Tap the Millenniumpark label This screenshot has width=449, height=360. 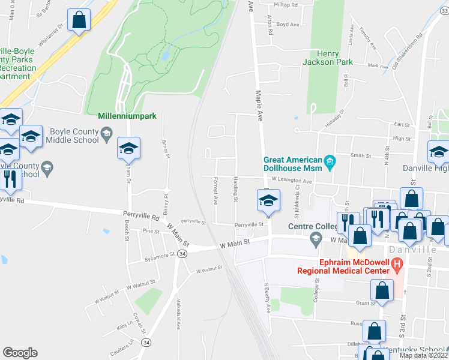pos(127,115)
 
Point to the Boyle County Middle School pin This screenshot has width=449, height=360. pos(106,133)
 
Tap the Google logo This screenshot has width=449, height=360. pos(20,353)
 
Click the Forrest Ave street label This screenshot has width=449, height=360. pos(215,193)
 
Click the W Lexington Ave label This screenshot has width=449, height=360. pos(291,180)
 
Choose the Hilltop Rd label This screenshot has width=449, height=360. pos(286,5)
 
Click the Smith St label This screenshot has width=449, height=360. pos(361,155)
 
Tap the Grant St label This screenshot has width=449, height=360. pos(366,303)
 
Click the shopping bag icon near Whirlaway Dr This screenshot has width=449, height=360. pos(79,20)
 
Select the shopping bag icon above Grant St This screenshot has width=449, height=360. pos(382,290)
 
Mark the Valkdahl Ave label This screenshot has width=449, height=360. pos(179,315)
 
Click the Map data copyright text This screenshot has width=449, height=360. pos(423,355)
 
